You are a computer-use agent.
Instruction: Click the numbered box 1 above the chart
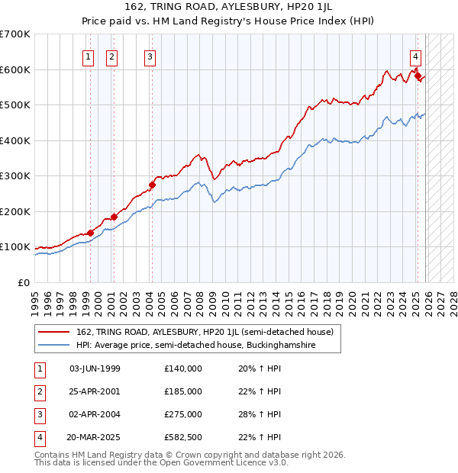pyautogui.click(x=88, y=56)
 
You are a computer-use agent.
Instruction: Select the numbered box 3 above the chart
pyautogui.click(x=150, y=56)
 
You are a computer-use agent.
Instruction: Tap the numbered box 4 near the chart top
pyautogui.click(x=415, y=56)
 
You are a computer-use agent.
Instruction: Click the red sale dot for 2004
pyautogui.click(x=153, y=185)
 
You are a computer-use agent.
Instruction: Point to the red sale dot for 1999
pyautogui.click(x=90, y=233)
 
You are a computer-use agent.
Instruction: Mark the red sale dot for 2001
pyautogui.click(x=114, y=217)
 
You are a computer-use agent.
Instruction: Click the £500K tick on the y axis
pyautogui.click(x=15, y=105)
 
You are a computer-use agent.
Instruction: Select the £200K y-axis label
pyautogui.click(x=15, y=211)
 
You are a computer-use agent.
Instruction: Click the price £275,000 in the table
pyautogui.click(x=182, y=414)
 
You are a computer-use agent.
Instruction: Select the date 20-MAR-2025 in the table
pyautogui.click(x=93, y=437)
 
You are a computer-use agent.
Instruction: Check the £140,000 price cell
pyautogui.click(x=182, y=368)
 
